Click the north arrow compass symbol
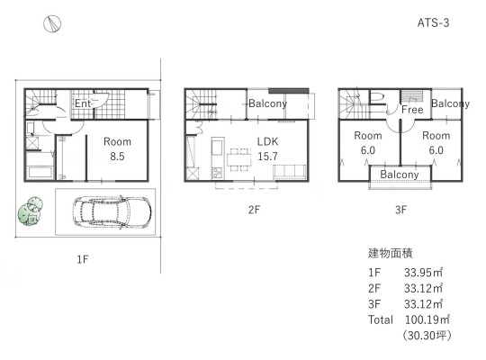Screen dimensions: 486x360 52,24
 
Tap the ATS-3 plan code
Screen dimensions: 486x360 433,22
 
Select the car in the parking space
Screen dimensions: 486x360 112,212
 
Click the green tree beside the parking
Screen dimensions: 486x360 30,211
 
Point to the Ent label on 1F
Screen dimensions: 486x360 83,103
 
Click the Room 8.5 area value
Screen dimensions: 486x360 117,157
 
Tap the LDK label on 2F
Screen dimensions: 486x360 267,141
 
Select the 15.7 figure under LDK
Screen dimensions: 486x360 267,157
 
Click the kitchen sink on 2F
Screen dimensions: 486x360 217,147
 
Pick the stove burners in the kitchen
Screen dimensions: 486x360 217,173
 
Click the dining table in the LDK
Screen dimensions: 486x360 239,159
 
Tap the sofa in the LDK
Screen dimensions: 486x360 289,172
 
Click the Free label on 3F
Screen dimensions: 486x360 412,110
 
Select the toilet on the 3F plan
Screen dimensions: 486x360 377,97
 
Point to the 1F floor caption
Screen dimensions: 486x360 83,259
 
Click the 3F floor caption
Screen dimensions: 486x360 400,210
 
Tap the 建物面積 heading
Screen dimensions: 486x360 391,253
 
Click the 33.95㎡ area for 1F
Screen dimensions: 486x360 423,273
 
